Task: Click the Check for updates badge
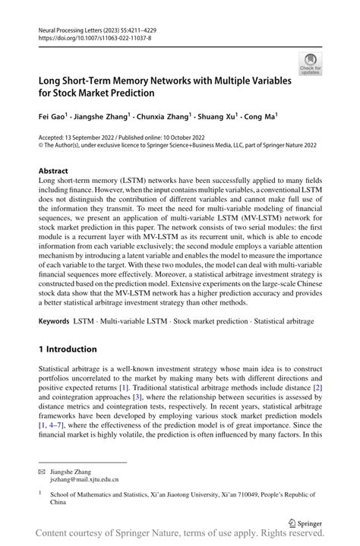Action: tap(311, 64)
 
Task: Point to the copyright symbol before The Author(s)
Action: tap(41, 146)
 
